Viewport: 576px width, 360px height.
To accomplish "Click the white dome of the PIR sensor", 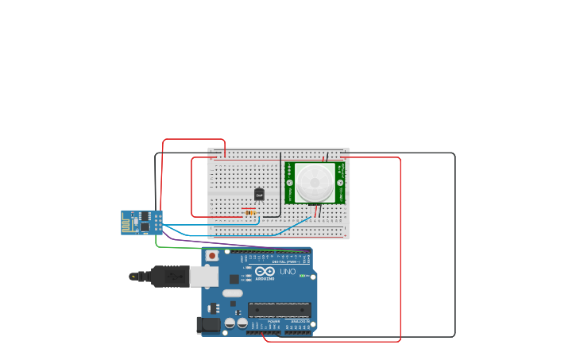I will click(315, 182).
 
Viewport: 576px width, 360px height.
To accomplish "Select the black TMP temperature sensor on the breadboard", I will click(259, 194).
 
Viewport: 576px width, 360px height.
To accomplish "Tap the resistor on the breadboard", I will click(250, 213).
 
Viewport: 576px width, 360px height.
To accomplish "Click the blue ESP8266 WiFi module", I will click(142, 223).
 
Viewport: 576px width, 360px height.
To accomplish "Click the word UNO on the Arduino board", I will click(288, 272).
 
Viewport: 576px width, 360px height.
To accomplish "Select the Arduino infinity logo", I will click(265, 271).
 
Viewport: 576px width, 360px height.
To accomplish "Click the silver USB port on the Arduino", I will click(203, 276).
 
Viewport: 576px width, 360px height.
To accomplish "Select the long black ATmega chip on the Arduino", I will click(277, 310).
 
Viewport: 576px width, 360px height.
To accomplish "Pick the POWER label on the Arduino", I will click(273, 321).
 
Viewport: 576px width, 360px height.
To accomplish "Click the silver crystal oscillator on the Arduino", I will click(232, 292).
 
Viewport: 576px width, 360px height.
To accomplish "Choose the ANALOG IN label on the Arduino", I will click(300, 321).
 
